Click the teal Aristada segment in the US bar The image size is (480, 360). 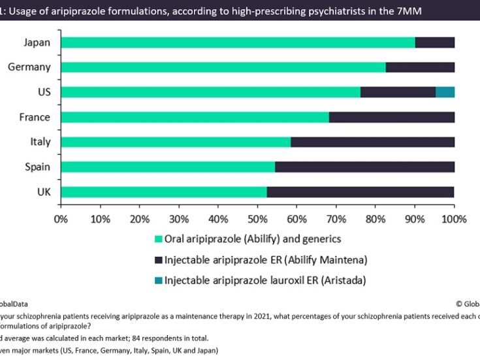(445, 92)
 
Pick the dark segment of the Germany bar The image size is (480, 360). (420, 67)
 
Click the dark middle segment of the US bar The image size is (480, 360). (398, 92)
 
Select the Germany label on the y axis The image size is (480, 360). (29, 67)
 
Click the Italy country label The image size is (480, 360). (40, 142)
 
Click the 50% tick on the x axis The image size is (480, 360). (257, 218)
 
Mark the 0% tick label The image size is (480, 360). (61, 218)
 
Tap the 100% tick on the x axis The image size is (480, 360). (454, 218)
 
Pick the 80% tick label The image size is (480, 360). (376, 218)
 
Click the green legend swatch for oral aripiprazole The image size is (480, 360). (157, 239)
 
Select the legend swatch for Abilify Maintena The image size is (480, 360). (157, 260)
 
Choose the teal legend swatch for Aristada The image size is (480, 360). (157, 281)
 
